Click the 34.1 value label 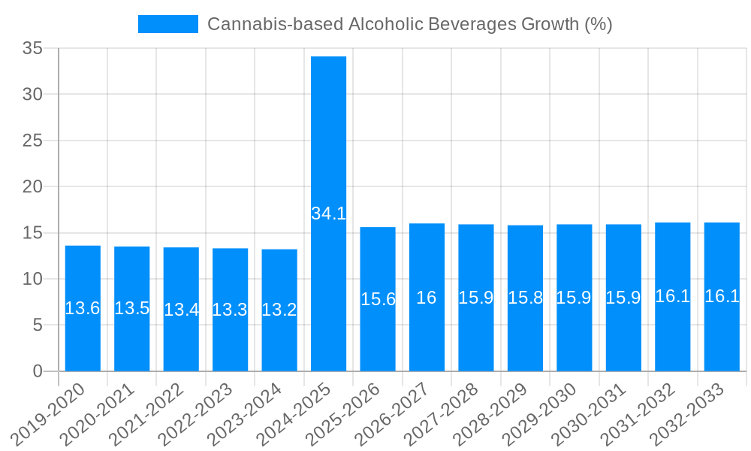point(329,213)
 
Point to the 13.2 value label point(279,310)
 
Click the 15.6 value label point(378,299)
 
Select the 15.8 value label point(525,298)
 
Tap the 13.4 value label point(181,310)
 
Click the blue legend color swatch point(167,24)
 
